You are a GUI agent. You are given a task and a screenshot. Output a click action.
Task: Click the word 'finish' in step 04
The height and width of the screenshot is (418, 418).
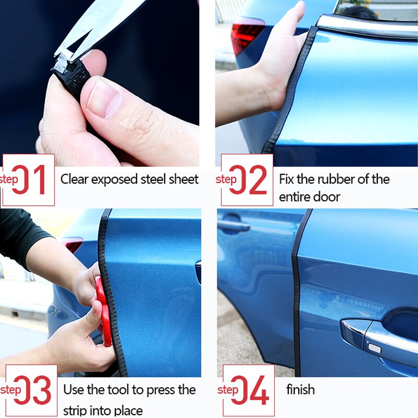click(x=300, y=390)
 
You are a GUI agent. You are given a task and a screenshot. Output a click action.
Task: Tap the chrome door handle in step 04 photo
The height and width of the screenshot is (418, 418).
click(x=376, y=334)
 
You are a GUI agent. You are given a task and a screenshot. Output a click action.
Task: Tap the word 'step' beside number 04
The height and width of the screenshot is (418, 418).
click(x=227, y=390)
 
